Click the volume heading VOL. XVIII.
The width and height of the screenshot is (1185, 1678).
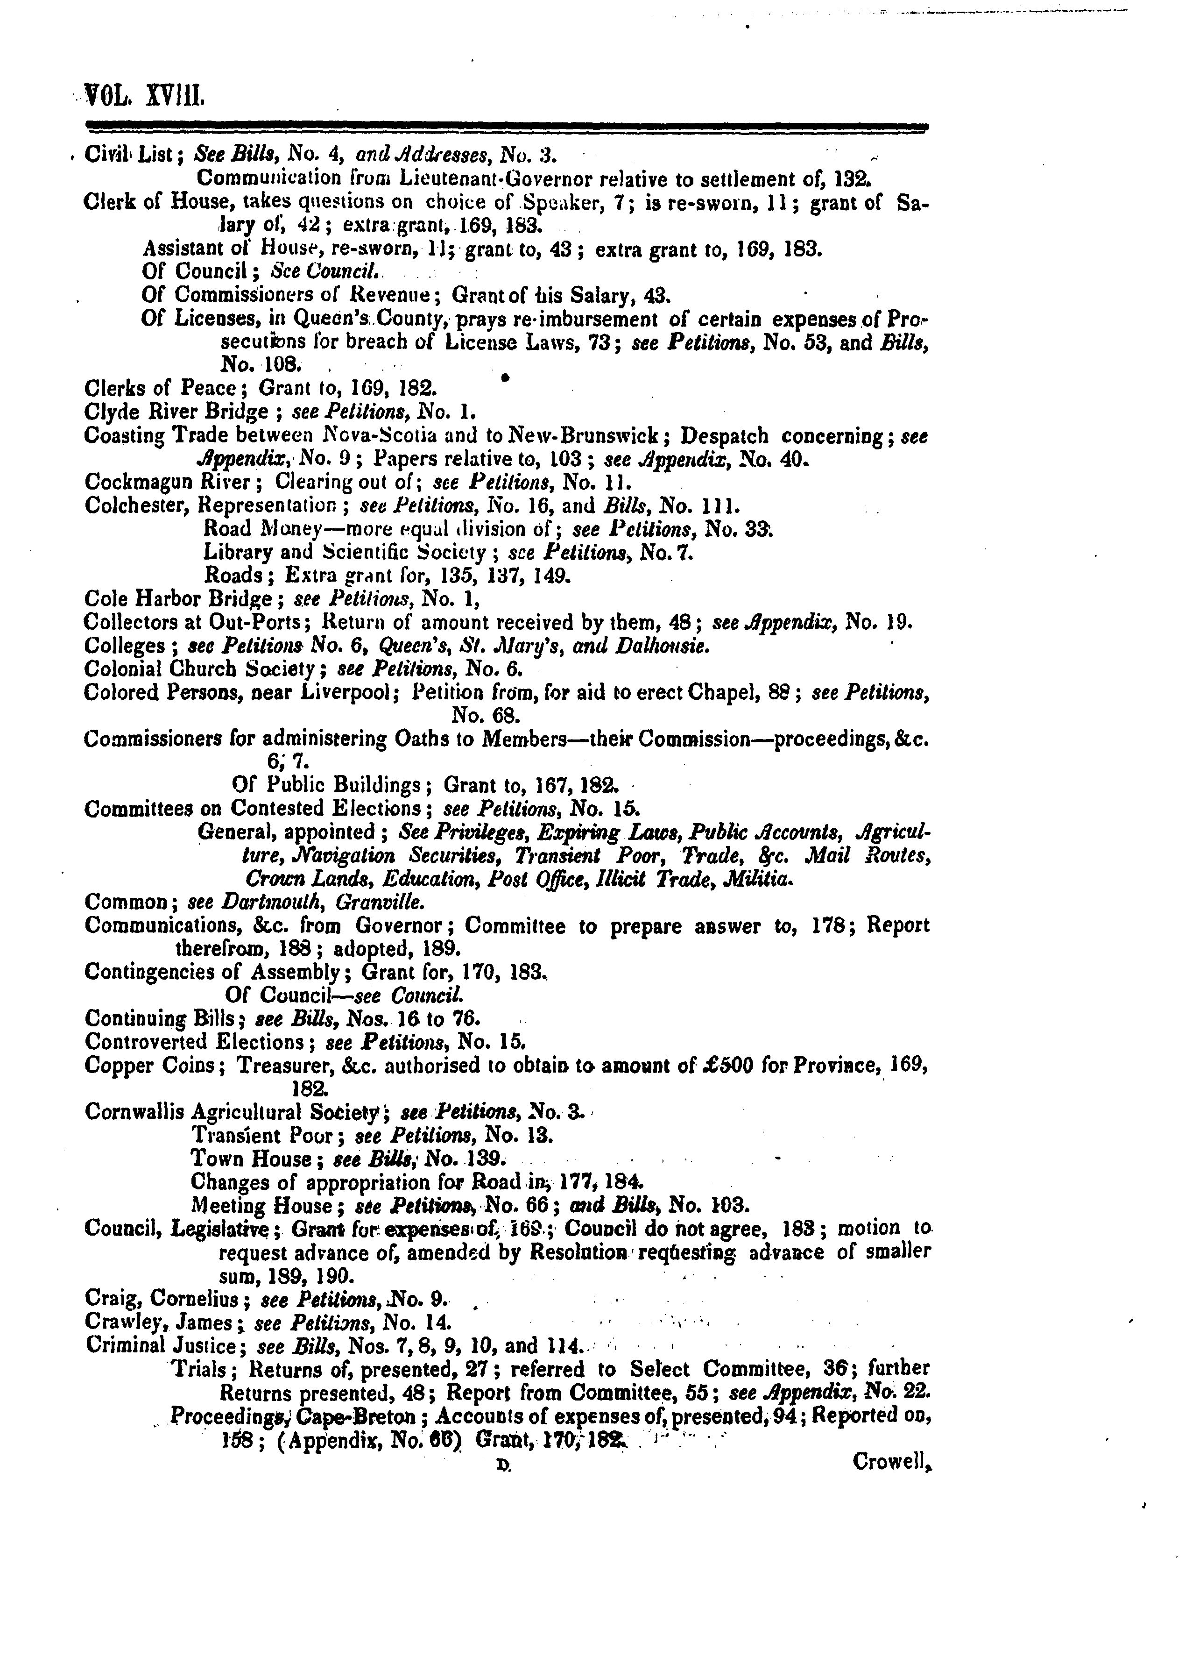[x=145, y=95]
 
